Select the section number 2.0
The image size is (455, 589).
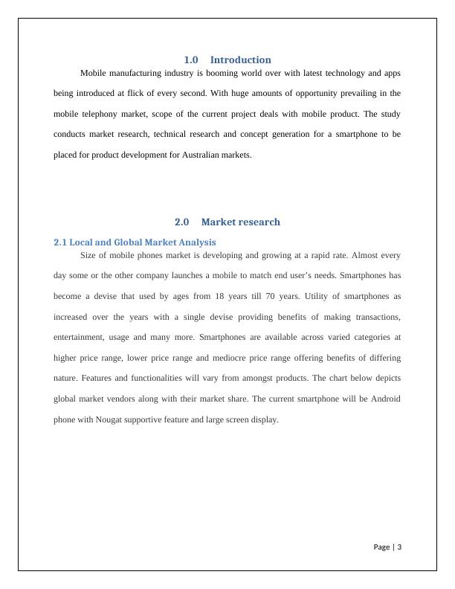click(x=182, y=222)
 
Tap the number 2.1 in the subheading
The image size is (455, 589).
click(x=60, y=242)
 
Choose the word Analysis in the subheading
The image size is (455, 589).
click(x=196, y=242)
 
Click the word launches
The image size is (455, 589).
click(x=213, y=275)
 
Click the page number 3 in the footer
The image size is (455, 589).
click(x=400, y=547)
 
